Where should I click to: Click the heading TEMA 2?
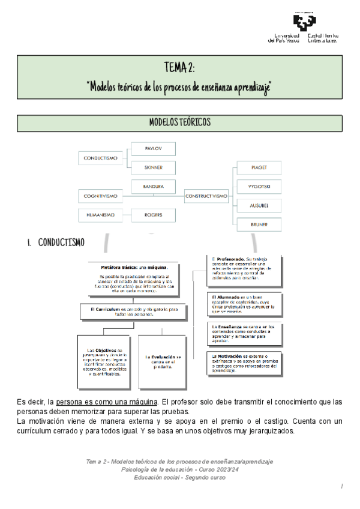tap(180, 65)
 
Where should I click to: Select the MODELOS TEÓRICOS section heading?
tap(180, 122)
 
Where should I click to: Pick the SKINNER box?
tap(153, 167)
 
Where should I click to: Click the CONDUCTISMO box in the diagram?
tap(100, 158)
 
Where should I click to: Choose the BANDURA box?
tap(153, 187)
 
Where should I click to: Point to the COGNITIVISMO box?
tap(100, 196)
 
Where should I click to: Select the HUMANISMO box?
tap(100, 214)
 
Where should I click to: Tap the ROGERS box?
tap(153, 214)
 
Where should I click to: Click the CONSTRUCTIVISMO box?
tap(206, 196)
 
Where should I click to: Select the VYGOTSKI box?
tap(258, 187)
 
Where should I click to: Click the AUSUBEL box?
tap(258, 206)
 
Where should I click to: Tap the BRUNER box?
tap(258, 225)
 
